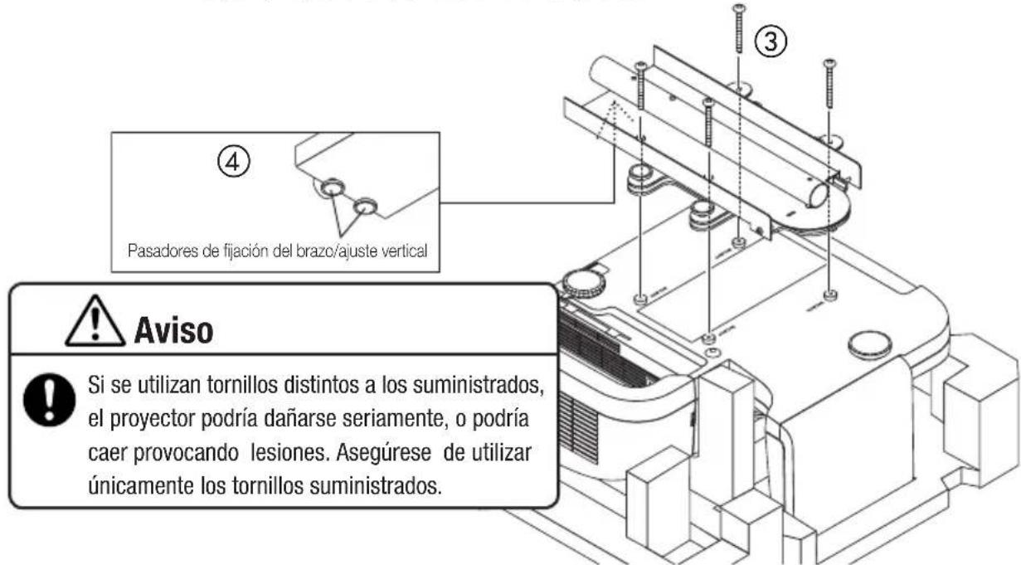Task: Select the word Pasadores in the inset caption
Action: click(x=157, y=251)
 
